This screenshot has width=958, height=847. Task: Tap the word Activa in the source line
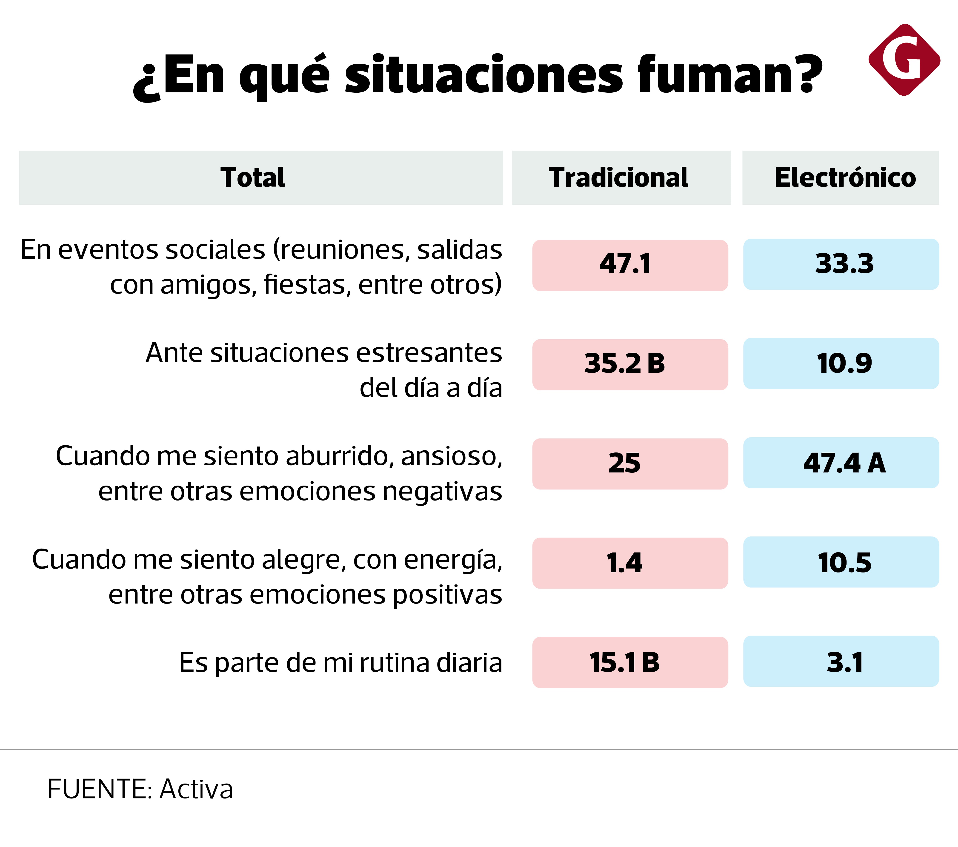tap(196, 789)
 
